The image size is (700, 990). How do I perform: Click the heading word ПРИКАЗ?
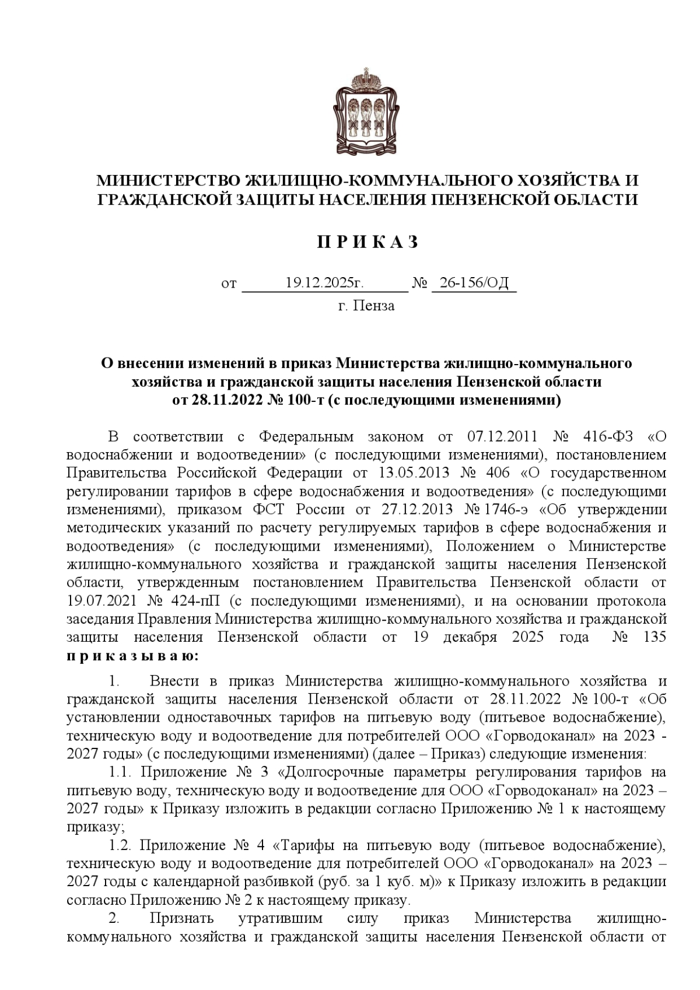(x=367, y=242)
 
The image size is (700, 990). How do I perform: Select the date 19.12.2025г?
(x=324, y=284)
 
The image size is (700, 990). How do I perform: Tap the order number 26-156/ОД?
(x=474, y=284)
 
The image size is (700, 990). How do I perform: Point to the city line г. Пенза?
(x=366, y=305)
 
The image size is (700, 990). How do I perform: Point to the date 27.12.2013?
(x=417, y=509)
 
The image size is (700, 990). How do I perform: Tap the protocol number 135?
(x=654, y=636)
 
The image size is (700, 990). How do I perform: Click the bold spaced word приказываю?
(x=133, y=656)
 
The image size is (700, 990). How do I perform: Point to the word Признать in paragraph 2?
(x=181, y=918)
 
